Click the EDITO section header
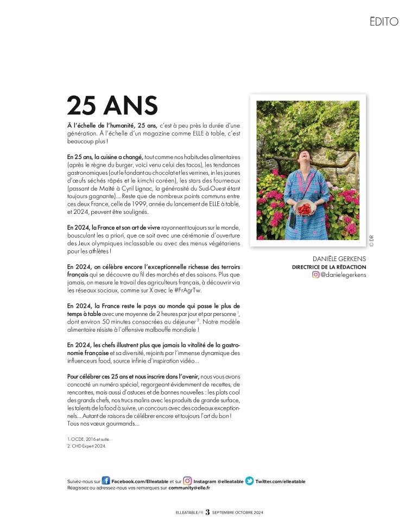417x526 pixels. (383, 22)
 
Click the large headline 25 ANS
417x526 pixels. (112, 105)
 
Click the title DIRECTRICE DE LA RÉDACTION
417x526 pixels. (329, 267)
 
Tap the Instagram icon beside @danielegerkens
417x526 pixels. (315, 275)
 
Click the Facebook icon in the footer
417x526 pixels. (106, 481)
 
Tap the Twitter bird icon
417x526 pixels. (249, 481)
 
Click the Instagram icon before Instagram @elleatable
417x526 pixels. (187, 481)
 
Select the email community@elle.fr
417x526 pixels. (189, 488)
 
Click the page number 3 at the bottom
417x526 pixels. (207, 512)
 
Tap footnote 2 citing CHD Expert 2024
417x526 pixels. (87, 446)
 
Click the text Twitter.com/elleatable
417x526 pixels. (280, 481)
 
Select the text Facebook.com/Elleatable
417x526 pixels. (140, 481)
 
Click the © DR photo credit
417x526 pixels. (371, 240)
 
